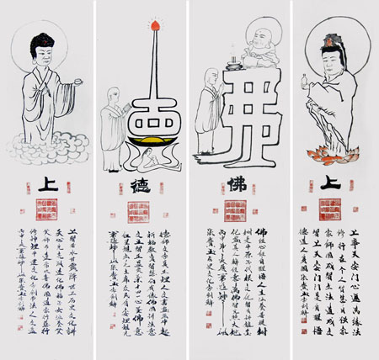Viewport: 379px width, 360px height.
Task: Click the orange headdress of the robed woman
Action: pos(329,37)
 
